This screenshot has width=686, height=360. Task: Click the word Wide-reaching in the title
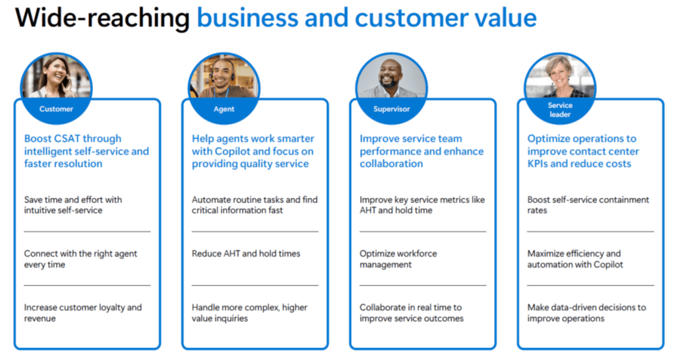coord(102,18)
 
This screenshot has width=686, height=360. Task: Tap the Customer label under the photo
coord(56,109)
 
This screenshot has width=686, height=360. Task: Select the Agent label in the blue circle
coord(224,109)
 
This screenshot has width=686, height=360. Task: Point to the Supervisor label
coord(392,109)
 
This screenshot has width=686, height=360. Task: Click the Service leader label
coord(560,110)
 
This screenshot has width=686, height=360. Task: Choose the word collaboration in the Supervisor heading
coord(391,164)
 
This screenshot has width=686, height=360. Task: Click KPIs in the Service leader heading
coord(537,164)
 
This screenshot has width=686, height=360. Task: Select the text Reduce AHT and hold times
coord(246,254)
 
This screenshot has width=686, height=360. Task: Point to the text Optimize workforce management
coord(398,259)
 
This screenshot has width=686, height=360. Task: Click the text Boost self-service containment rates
coord(588,204)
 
